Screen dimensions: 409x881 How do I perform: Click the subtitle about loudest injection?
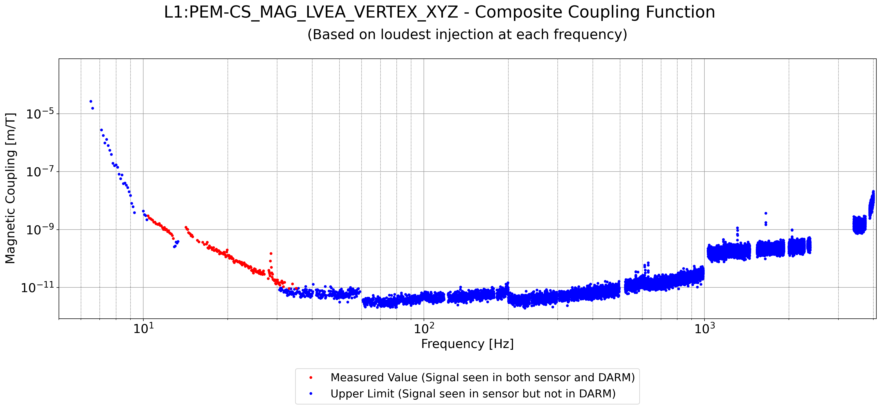467,35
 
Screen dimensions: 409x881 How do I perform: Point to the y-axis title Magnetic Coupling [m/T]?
10,188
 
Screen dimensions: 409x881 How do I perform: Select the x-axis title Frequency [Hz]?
467,344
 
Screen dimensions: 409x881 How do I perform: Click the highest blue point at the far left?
91,101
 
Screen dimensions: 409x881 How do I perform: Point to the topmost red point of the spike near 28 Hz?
271,254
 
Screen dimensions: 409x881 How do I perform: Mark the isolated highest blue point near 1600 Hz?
766,213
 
